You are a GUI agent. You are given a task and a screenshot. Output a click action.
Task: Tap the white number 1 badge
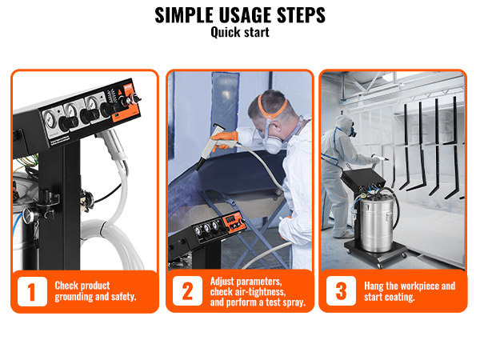coord(31,292)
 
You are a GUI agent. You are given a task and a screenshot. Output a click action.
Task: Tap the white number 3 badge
coord(341,292)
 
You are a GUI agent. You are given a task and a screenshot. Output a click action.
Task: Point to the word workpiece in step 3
coord(415,286)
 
